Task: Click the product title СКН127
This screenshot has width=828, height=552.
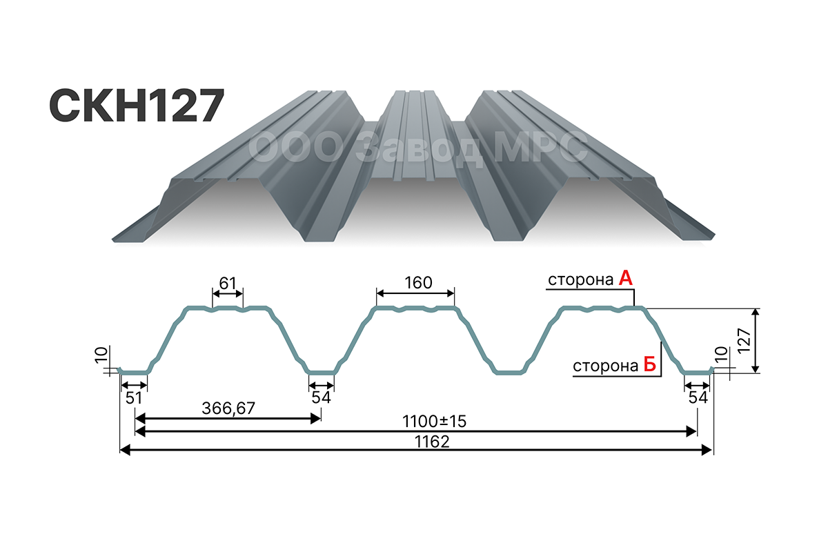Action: tap(137, 106)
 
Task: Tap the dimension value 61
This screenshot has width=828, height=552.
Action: tap(227, 283)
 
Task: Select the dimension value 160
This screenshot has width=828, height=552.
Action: tap(418, 283)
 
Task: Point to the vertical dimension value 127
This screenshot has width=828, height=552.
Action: tap(744, 341)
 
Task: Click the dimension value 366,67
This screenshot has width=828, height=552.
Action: tap(228, 408)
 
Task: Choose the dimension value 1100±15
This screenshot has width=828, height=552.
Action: tap(434, 421)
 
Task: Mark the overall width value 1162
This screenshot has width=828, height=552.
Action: tap(432, 442)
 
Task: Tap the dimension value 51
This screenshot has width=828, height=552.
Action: tap(133, 398)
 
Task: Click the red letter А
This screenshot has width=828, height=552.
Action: tap(625, 278)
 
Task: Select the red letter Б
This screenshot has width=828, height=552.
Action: tap(649, 364)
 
